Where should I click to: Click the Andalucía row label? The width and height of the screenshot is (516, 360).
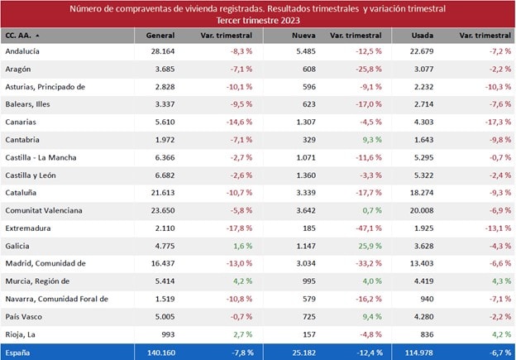tap(23, 51)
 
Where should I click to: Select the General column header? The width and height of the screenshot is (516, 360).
tap(160, 36)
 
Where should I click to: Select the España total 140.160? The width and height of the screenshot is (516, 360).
tap(158, 353)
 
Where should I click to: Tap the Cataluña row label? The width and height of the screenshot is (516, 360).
tap(22, 193)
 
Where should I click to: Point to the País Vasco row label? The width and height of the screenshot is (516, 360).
tap(24, 317)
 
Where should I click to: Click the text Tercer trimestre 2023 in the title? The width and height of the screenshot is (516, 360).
tap(257, 19)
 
